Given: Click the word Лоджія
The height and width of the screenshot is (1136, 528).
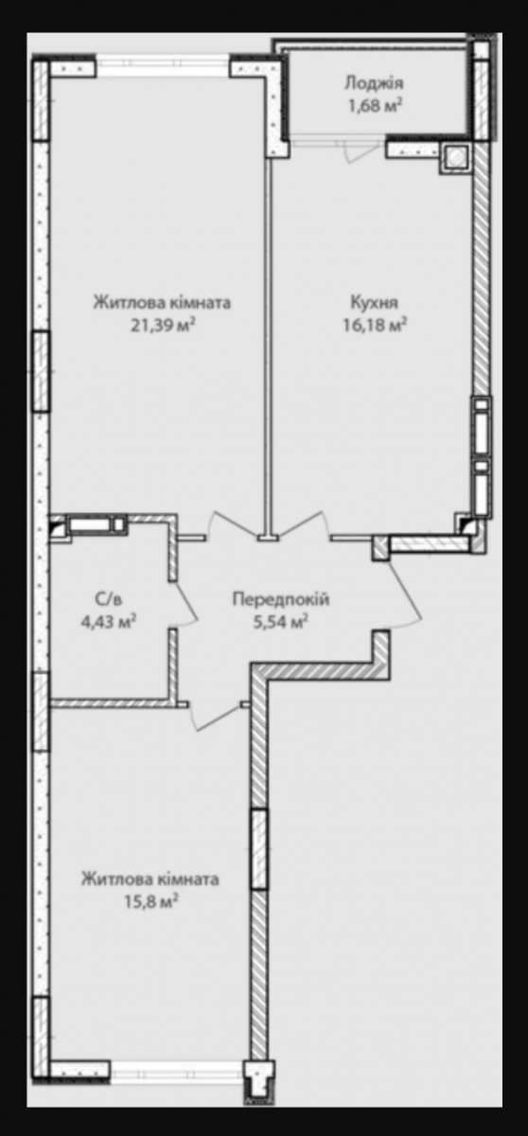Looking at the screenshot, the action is (x=374, y=83).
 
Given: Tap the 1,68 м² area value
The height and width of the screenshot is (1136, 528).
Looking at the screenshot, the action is (x=375, y=105).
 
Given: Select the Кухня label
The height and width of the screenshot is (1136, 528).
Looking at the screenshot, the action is (x=375, y=303).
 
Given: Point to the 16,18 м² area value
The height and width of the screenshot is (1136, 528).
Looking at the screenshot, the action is (x=375, y=325).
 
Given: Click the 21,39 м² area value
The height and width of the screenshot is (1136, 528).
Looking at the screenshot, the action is (x=163, y=325).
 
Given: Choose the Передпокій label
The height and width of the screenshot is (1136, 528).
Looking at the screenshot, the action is (x=281, y=599).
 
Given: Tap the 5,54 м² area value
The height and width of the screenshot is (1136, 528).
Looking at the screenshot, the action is (x=281, y=621).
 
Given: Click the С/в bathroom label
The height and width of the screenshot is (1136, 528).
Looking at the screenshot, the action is (x=109, y=599).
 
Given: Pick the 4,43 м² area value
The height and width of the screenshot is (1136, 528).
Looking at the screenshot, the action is (x=109, y=621).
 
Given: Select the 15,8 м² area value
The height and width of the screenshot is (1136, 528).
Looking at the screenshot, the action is (x=151, y=900).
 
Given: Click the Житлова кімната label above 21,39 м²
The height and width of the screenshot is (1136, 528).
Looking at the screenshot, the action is (x=162, y=303).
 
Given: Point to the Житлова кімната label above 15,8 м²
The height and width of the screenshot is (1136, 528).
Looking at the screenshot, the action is (x=150, y=879).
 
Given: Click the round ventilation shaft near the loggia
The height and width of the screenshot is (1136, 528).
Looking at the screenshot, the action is (x=455, y=157).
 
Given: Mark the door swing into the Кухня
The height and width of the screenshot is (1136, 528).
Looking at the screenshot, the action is (x=303, y=524).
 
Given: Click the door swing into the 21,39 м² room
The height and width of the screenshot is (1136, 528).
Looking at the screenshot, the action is (x=234, y=524).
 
